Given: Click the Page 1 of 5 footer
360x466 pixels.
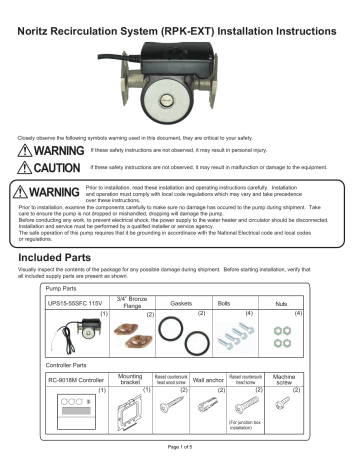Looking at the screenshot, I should coord(179,458).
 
